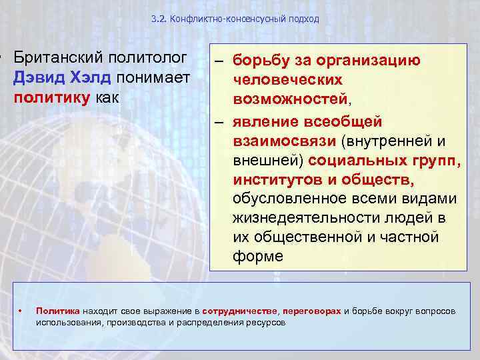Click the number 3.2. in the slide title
160,19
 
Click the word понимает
154,78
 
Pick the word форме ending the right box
257,256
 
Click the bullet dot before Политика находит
22,311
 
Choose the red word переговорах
312,311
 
